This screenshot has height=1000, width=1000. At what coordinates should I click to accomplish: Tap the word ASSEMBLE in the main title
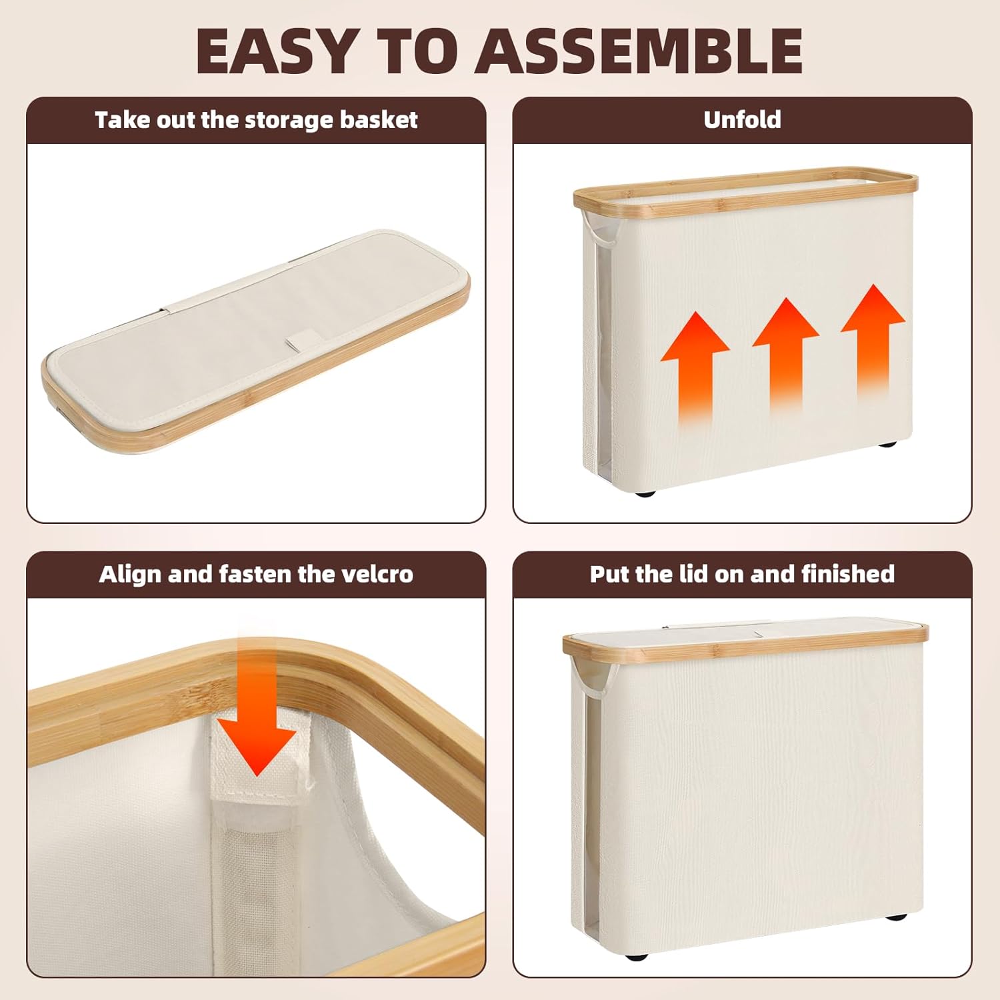pyautogui.click(x=639, y=52)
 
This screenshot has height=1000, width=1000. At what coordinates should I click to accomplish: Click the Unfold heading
pyautogui.click(x=742, y=119)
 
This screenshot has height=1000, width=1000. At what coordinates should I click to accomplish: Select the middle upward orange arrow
pyautogui.click(x=785, y=353)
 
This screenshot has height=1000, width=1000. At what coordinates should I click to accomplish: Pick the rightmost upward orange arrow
pyautogui.click(x=873, y=340)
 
